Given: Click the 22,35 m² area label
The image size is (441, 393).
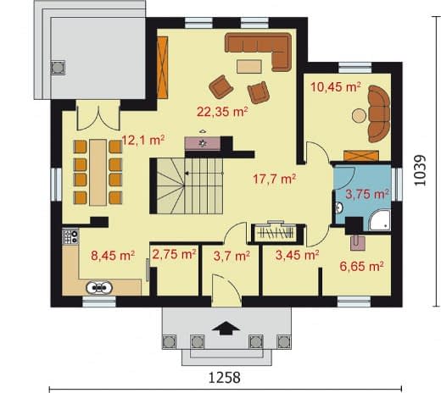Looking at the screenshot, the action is [222, 112].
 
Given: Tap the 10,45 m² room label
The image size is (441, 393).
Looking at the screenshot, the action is [336, 87].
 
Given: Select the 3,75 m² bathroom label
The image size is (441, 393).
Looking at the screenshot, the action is [367, 194].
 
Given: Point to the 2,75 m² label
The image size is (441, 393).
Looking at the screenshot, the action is [174, 255].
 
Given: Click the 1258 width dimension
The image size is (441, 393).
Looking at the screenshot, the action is [225, 378].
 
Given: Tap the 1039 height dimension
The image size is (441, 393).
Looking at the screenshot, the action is [420, 170].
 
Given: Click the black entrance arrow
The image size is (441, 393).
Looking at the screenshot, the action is [226, 328].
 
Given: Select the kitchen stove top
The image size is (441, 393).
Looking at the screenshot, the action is [70, 237].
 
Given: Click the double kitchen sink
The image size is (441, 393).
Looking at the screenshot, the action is [99, 288].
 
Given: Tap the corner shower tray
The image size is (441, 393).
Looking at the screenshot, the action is [380, 220].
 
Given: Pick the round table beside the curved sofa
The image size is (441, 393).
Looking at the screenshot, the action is [359, 116].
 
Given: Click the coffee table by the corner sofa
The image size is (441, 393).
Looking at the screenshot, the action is [249, 67].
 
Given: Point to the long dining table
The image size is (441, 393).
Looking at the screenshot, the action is [98, 172].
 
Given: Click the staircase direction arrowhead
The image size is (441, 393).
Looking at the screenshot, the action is [187, 174].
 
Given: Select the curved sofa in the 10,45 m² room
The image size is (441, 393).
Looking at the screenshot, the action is [379, 113].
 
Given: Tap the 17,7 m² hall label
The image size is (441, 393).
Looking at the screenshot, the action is [274, 179].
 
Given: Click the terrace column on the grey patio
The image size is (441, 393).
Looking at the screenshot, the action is [58, 68].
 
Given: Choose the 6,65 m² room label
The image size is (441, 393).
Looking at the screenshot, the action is [361, 266].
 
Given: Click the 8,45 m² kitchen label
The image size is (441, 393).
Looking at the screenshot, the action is [113, 256].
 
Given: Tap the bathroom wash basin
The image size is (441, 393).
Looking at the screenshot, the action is [338, 208].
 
